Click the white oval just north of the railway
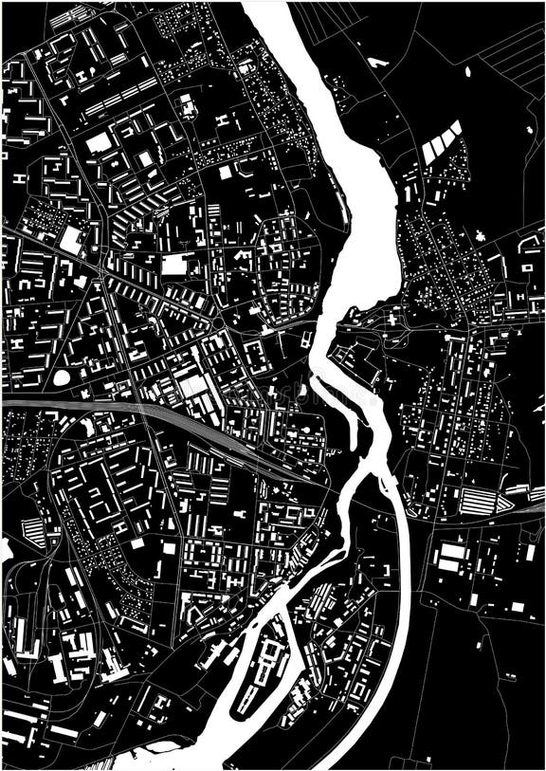[x=62, y=377]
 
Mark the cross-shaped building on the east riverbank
[x=391, y=321]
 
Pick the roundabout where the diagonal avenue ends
[x=218, y=322]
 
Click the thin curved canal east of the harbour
[x=294, y=645]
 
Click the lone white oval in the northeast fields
[x=468, y=71]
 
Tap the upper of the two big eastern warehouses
[x=453, y=550]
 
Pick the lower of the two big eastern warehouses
[x=448, y=566]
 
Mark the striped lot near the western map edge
[x=31, y=531]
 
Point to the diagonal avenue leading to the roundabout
[x=142, y=285]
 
